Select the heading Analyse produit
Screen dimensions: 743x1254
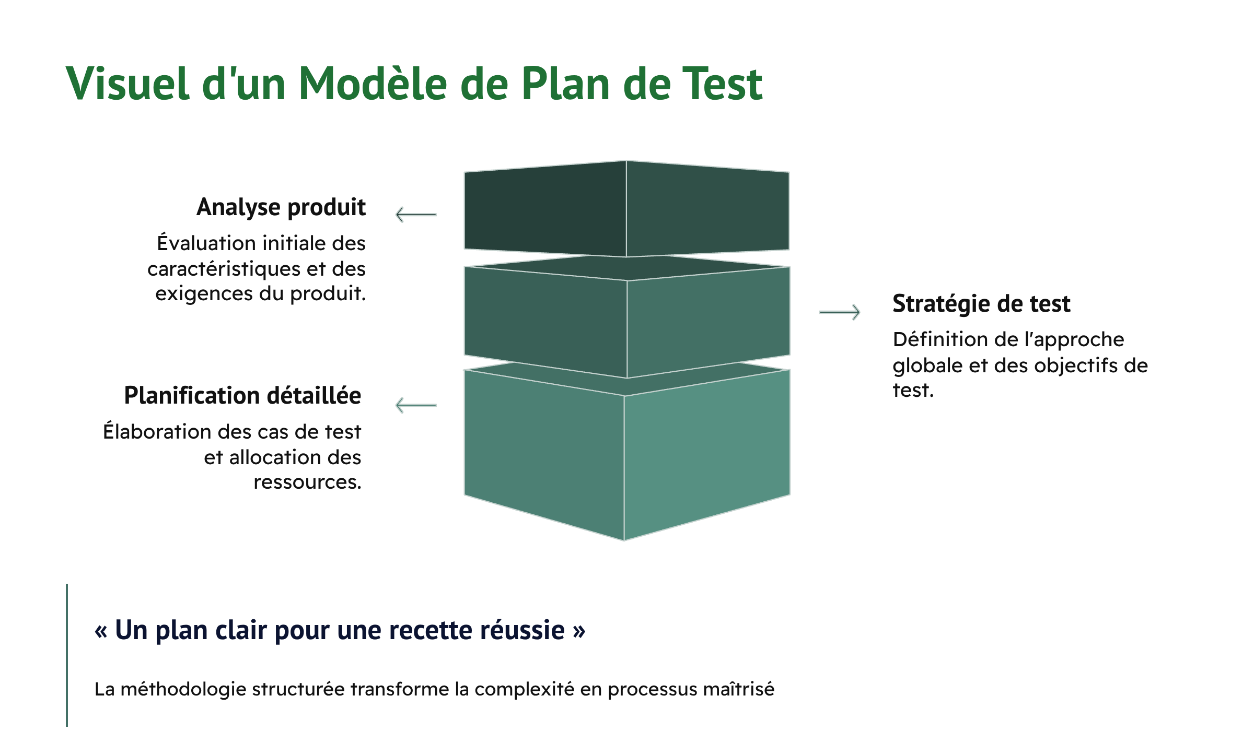281,207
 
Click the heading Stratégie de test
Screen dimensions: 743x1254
981,304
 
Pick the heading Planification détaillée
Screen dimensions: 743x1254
242,396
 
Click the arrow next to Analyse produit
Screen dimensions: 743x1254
416,215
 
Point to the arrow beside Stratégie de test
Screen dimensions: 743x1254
839,312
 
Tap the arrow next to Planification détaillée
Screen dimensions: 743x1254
416,405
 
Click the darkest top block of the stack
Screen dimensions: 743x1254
626,209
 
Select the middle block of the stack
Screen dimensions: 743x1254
626,324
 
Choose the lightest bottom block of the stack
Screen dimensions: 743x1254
626,454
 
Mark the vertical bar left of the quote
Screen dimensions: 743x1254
67,655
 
